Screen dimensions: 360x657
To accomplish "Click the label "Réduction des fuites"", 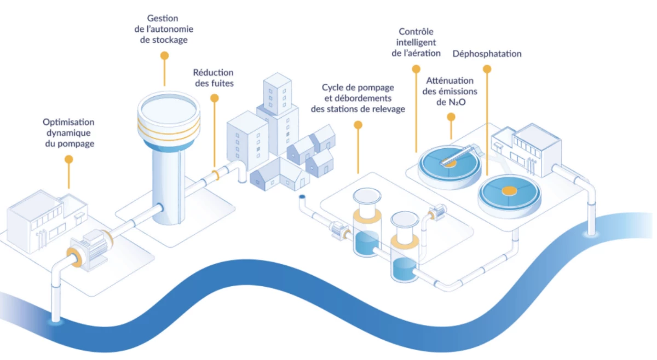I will pyautogui.click(x=213, y=78).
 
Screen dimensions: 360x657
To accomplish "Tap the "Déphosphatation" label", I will pyautogui.click(x=487, y=54).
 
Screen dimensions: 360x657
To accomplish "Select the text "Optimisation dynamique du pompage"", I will pyautogui.click(x=68, y=133).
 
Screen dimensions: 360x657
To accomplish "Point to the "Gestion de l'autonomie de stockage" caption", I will pyautogui.click(x=163, y=30).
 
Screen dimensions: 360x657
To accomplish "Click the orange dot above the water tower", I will pyautogui.click(x=164, y=55).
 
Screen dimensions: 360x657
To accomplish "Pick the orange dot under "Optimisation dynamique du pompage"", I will pyautogui.click(x=68, y=159).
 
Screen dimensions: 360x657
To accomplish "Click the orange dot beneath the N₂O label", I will pyautogui.click(x=451, y=117).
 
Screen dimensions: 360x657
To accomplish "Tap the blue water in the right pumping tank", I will pyautogui.click(x=404, y=268).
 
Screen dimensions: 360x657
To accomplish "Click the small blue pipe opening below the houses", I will pyautogui.click(x=302, y=196).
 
